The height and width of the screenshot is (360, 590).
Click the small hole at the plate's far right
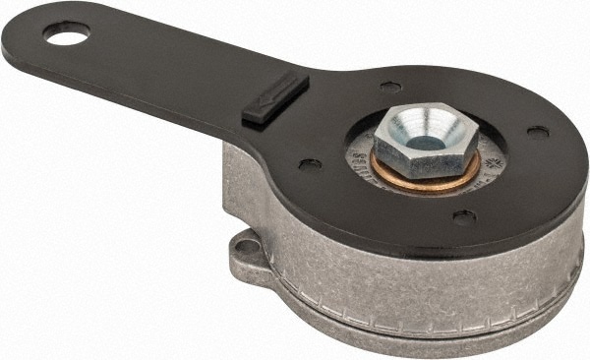click(x=537, y=130)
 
